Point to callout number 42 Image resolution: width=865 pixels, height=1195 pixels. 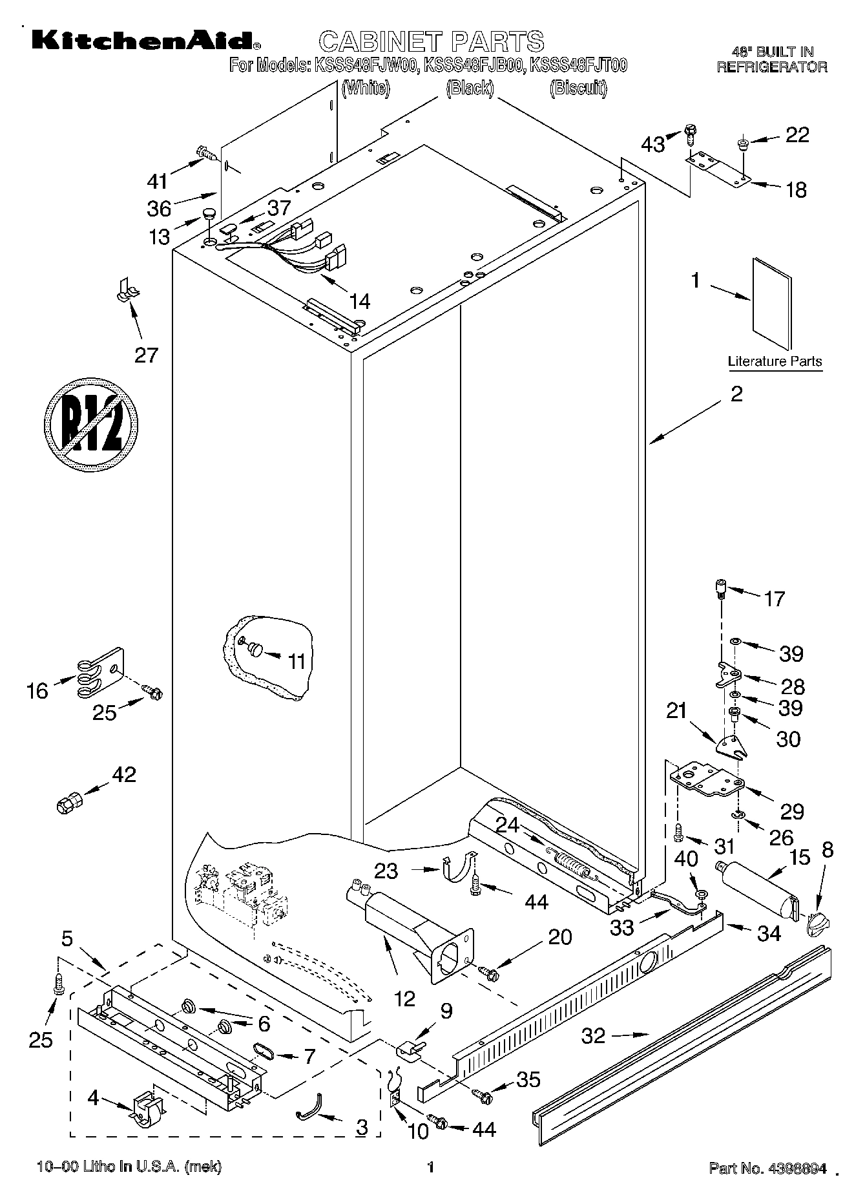124,774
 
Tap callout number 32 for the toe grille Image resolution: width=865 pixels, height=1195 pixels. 593,1036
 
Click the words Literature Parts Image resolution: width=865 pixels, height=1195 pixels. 775,361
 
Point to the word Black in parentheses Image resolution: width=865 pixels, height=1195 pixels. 470,88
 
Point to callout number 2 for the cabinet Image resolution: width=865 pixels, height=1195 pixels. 736,394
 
